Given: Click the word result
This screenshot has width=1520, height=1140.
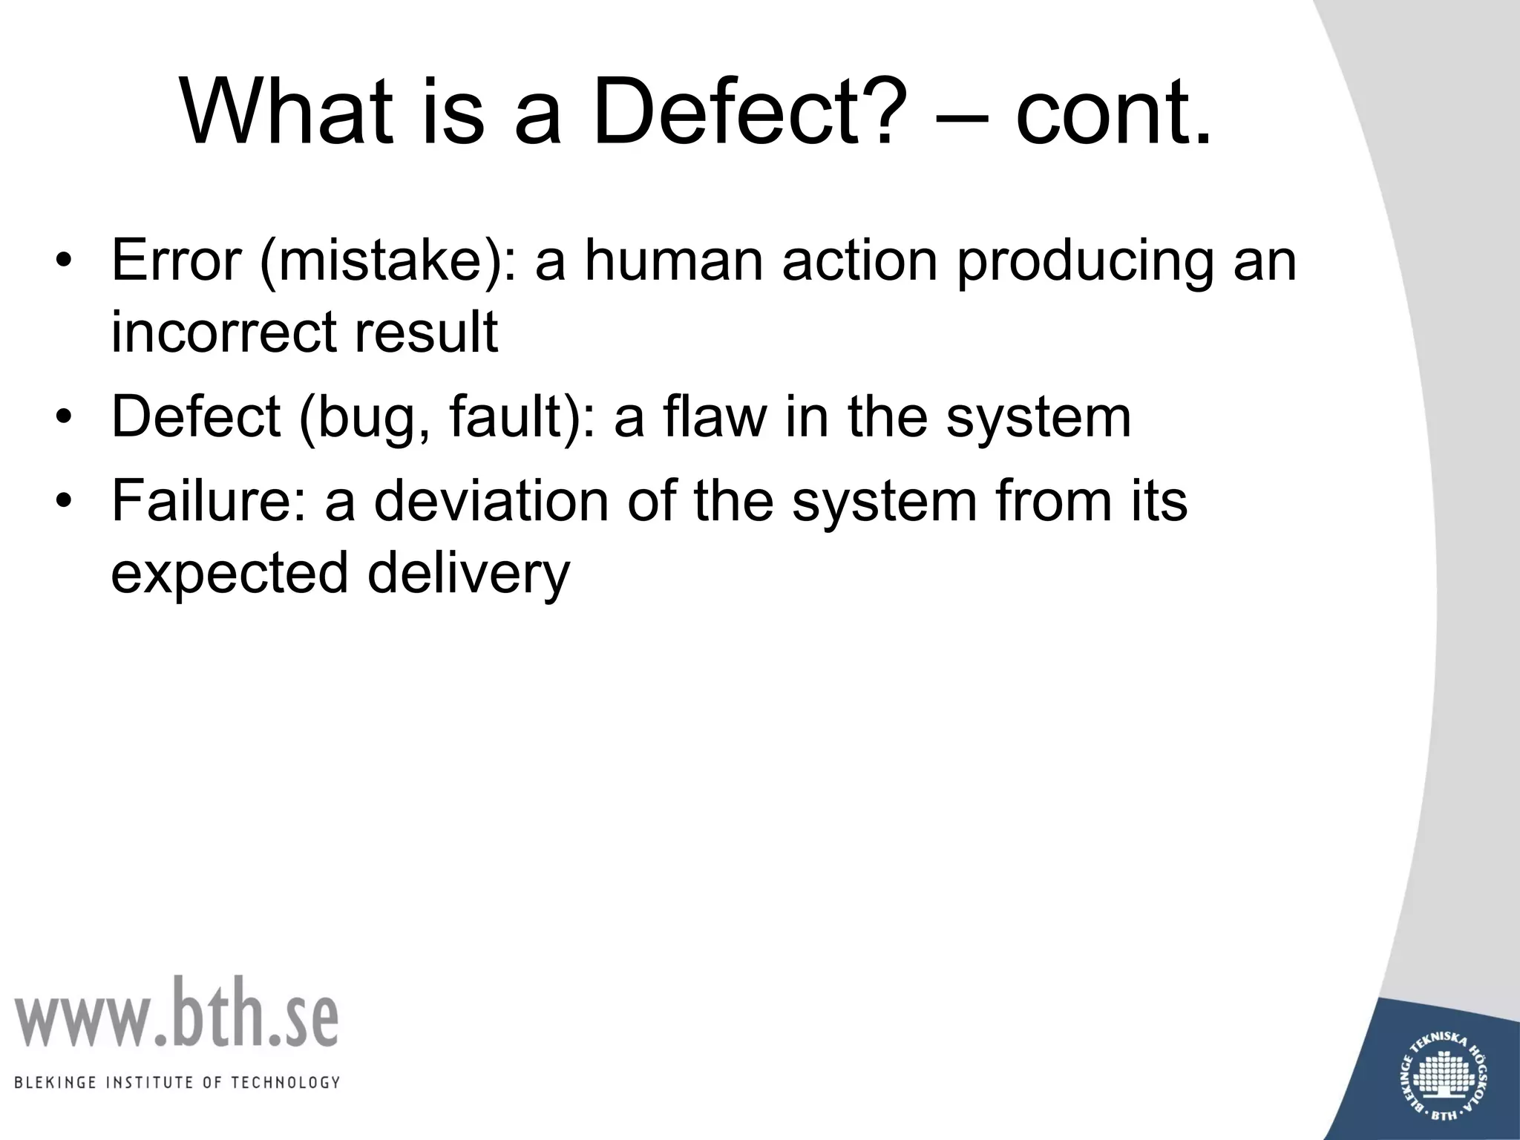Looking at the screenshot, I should click(426, 331).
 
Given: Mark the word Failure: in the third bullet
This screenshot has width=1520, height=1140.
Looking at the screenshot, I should click(209, 500).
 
